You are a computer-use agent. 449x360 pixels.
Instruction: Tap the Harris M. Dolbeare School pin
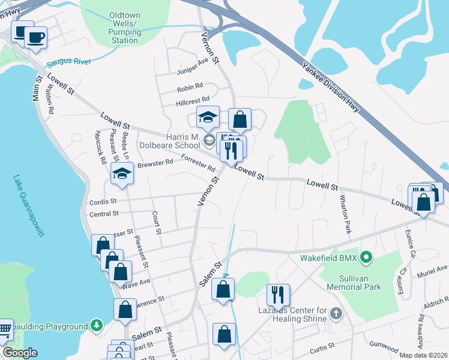click(x=209, y=141)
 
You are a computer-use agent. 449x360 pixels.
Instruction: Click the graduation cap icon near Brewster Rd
click(x=122, y=173)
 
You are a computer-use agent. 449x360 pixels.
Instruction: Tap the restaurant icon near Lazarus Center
click(x=279, y=295)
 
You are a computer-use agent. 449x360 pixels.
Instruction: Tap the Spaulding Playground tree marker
click(x=96, y=326)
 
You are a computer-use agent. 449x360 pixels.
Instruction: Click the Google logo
click(x=20, y=353)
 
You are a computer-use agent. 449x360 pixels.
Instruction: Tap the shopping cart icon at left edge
click(x=5, y=329)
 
